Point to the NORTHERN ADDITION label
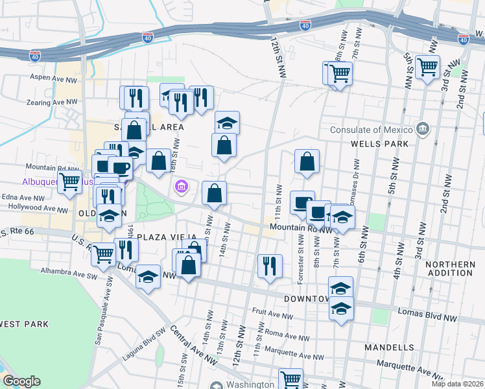coord(450,268)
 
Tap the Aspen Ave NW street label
coord(54,77)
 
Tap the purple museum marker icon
coord(182,188)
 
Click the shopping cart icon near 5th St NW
coord(427,66)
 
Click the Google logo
coord(21,381)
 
